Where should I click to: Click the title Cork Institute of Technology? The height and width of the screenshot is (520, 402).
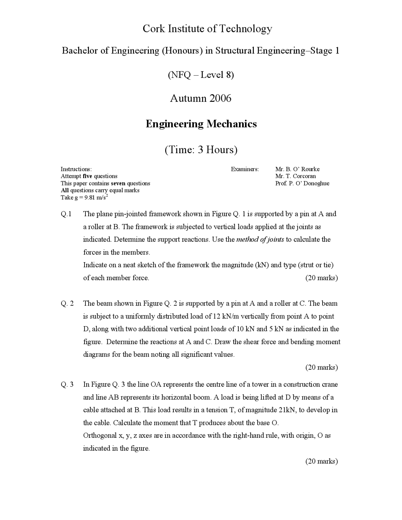(x=207, y=29)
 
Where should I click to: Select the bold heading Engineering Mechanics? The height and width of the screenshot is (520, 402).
(x=201, y=124)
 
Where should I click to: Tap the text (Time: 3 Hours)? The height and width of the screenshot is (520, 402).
(x=201, y=149)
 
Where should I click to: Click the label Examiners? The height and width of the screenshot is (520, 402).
(x=245, y=169)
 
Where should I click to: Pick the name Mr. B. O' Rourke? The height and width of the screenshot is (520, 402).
(x=297, y=169)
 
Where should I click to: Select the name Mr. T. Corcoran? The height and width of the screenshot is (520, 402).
(x=295, y=176)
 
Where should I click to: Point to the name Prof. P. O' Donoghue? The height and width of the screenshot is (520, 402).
(x=302, y=183)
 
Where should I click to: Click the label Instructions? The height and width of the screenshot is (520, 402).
(x=76, y=169)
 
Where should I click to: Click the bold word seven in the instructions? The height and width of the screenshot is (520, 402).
(x=118, y=183)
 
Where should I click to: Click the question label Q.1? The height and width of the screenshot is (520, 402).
(x=66, y=214)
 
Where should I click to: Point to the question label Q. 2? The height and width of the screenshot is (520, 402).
(x=67, y=304)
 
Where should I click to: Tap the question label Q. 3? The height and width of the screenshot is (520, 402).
(x=67, y=385)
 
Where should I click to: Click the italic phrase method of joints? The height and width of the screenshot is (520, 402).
(x=260, y=240)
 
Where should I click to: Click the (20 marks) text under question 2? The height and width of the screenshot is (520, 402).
(x=321, y=367)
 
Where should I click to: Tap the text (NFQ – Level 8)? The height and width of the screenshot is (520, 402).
(x=201, y=75)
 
